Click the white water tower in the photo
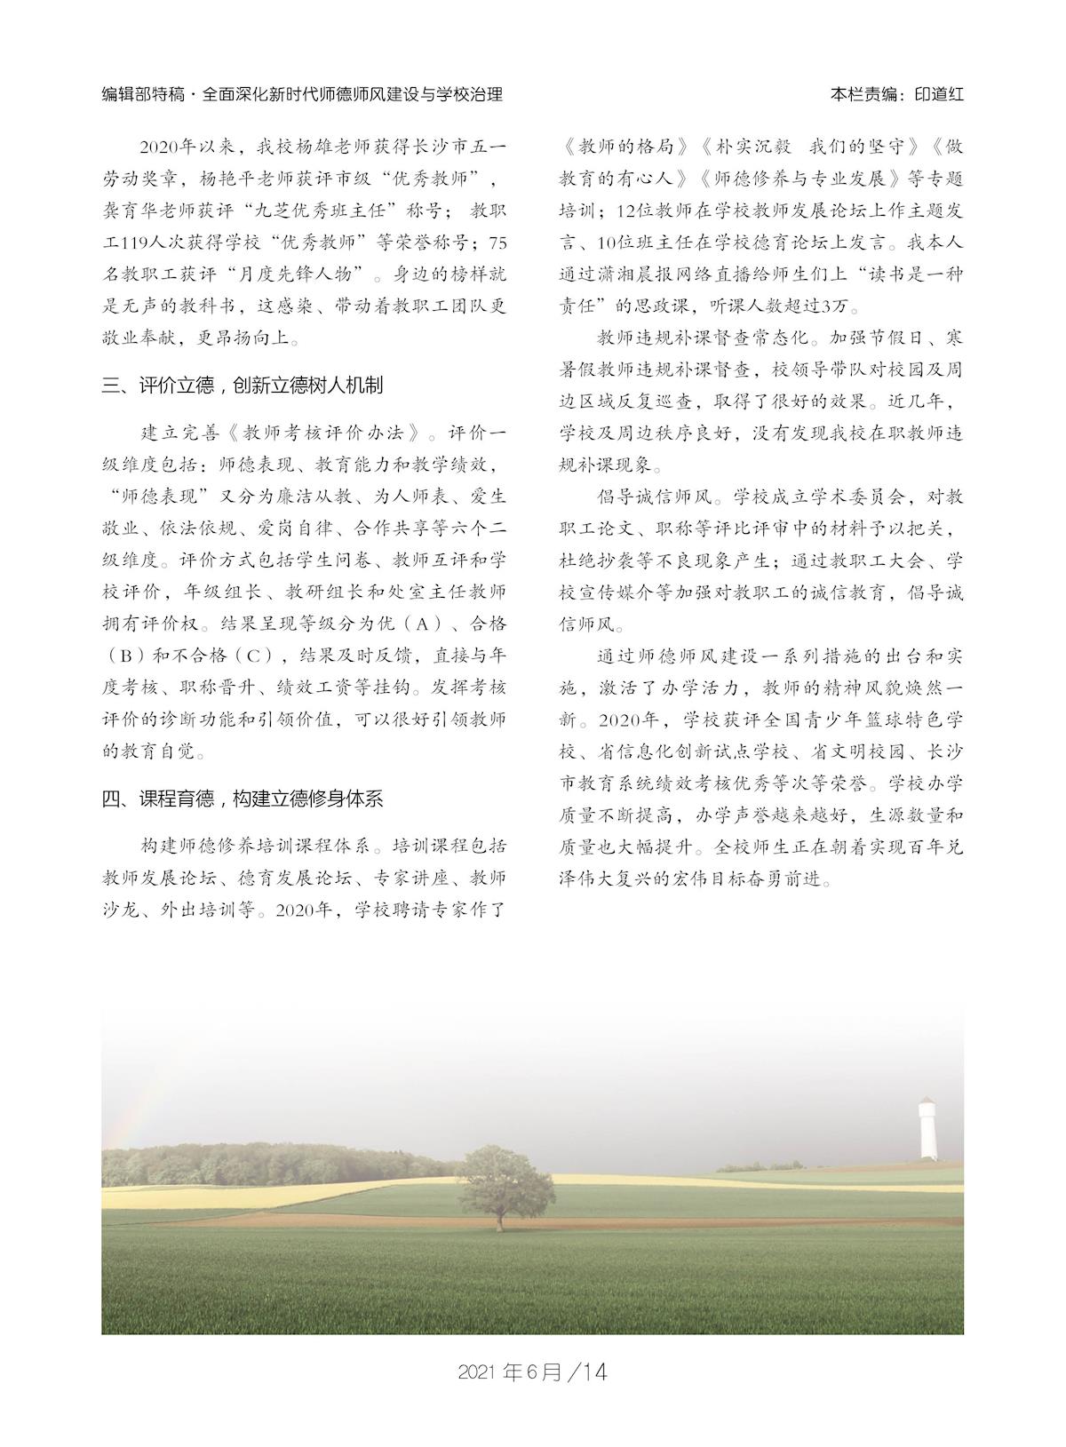click(928, 1127)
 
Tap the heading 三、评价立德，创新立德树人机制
click(243, 386)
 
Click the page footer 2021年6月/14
click(532, 1371)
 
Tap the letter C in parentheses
click(253, 656)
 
